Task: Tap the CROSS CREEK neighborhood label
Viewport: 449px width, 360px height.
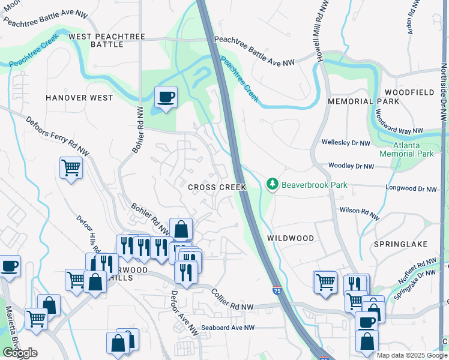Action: tap(217, 187)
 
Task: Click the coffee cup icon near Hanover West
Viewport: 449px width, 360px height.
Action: tap(166, 96)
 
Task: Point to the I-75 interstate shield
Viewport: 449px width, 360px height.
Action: tap(276, 290)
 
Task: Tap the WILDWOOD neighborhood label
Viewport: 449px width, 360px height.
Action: tap(290, 238)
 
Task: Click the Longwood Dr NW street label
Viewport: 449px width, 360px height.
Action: tap(411, 189)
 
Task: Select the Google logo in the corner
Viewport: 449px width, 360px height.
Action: tap(20, 353)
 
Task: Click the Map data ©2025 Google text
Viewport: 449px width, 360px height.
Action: tap(412, 355)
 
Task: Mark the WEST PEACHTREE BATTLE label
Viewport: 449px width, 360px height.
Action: tap(107, 40)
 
